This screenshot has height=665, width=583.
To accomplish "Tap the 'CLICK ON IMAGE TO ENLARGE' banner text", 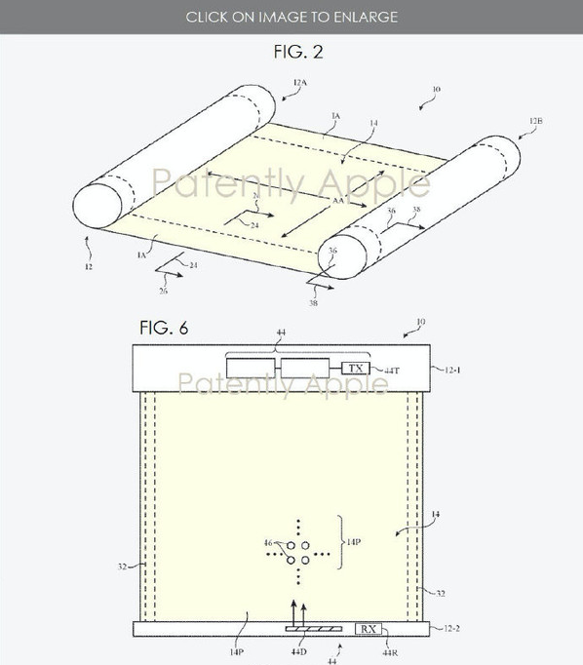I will point(291,17).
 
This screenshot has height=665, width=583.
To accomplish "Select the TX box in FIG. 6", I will point(355,369).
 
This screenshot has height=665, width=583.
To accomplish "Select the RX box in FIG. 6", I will point(369,629).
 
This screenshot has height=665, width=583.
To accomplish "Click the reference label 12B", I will point(535,122).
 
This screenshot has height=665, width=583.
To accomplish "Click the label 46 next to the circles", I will point(268,542).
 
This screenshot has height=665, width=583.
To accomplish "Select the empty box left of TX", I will point(306,370).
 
